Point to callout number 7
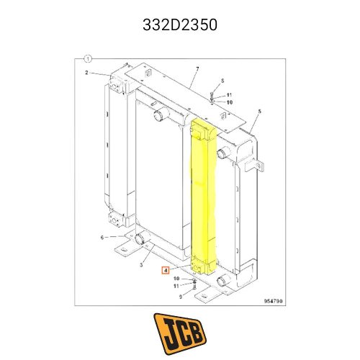point(196,69)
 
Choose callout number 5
point(260,112)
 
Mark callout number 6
point(102,237)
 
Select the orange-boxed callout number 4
point(166,271)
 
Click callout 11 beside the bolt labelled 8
point(229,95)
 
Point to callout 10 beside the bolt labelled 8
point(229,102)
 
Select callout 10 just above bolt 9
point(176,279)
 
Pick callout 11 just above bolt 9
point(176,286)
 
